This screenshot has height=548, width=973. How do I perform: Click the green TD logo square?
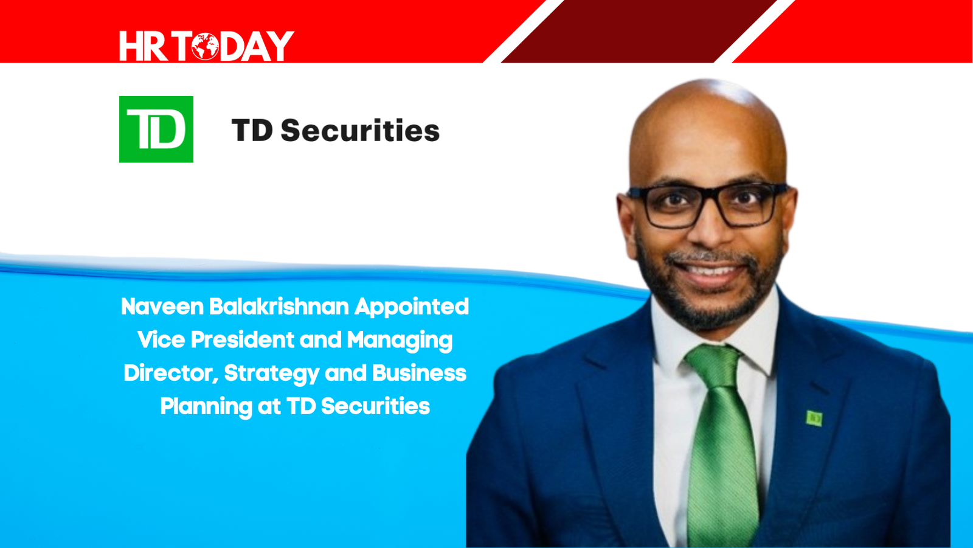pyautogui.click(x=156, y=130)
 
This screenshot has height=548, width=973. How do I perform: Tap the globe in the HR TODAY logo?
pyautogui.click(x=205, y=46)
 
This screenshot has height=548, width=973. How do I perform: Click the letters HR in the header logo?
pyautogui.click(x=144, y=46)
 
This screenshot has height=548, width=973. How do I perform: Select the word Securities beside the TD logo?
pyautogui.click(x=360, y=130)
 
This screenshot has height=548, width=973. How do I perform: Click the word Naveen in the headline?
pyautogui.click(x=162, y=307)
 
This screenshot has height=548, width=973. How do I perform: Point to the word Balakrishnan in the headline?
pyautogui.click(x=279, y=307)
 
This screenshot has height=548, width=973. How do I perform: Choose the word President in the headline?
pyautogui.click(x=243, y=340)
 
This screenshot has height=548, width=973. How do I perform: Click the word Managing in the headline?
pyautogui.click(x=400, y=341)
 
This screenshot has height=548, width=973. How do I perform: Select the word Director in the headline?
pyautogui.click(x=171, y=373)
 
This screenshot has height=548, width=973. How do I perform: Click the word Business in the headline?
pyautogui.click(x=419, y=373)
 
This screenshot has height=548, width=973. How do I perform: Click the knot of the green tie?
pyautogui.click(x=714, y=364)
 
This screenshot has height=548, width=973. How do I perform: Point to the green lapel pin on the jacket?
pyautogui.click(x=814, y=418)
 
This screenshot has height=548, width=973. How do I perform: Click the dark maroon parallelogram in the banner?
pyautogui.click(x=639, y=31)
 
